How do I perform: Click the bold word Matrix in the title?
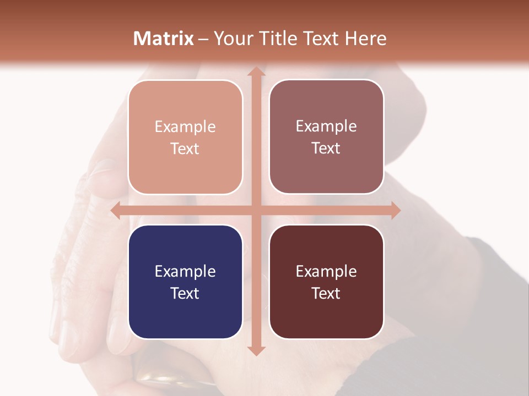pos(164,38)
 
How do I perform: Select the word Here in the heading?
pos(365,38)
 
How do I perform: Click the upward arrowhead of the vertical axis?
pos(256,72)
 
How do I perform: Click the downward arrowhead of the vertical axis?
pos(256,350)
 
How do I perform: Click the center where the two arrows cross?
pos(256,211)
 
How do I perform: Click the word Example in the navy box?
pos(185,271)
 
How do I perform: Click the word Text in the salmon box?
pos(185,148)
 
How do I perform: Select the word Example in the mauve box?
pos(326,126)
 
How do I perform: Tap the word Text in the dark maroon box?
pos(326,293)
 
